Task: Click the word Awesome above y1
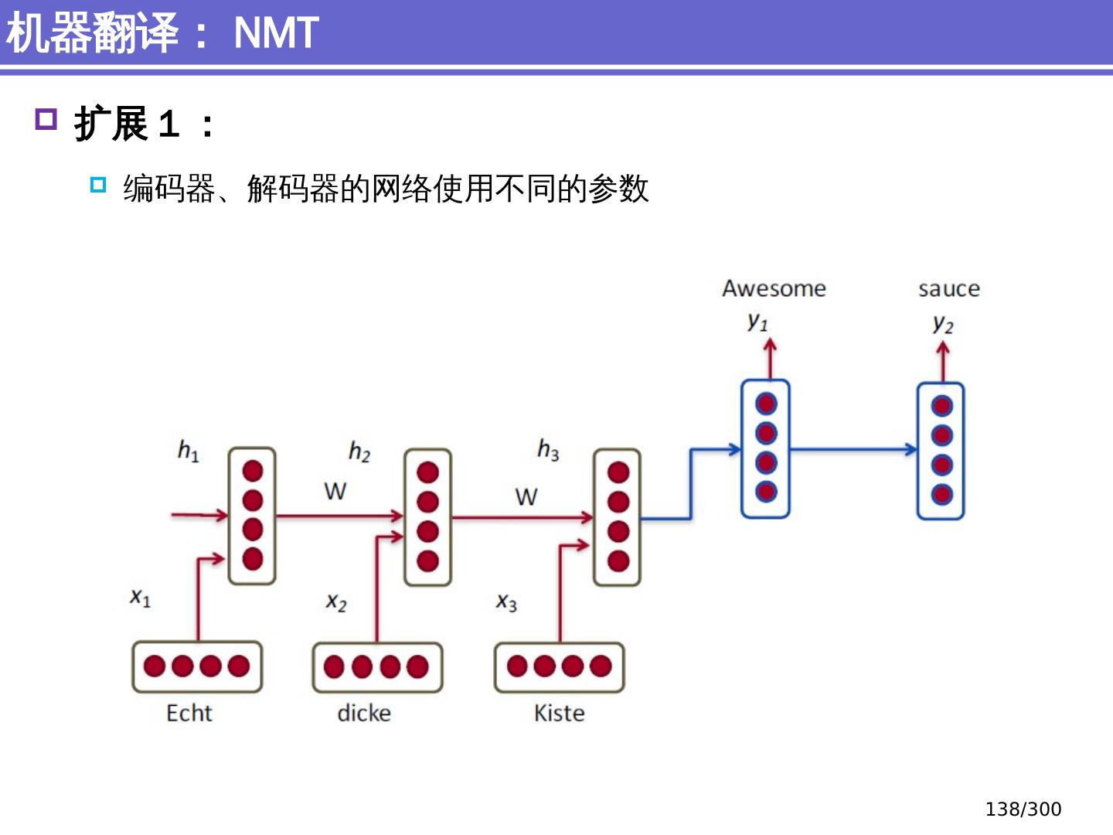(774, 288)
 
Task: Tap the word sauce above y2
(948, 289)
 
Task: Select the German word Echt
(189, 713)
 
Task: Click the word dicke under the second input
(364, 713)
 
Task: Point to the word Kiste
(559, 713)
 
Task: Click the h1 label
(188, 450)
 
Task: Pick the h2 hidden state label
(359, 452)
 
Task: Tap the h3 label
(548, 449)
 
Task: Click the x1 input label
(140, 597)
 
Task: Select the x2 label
(336, 602)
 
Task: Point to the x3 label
(506, 602)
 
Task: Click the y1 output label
(757, 322)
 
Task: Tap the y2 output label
(943, 324)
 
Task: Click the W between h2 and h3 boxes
(526, 496)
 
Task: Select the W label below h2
(335, 491)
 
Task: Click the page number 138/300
(1023, 809)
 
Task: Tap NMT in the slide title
(276, 33)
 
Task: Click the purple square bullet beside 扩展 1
(46, 120)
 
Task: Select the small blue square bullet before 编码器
(97, 185)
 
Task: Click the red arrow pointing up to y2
(942, 361)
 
